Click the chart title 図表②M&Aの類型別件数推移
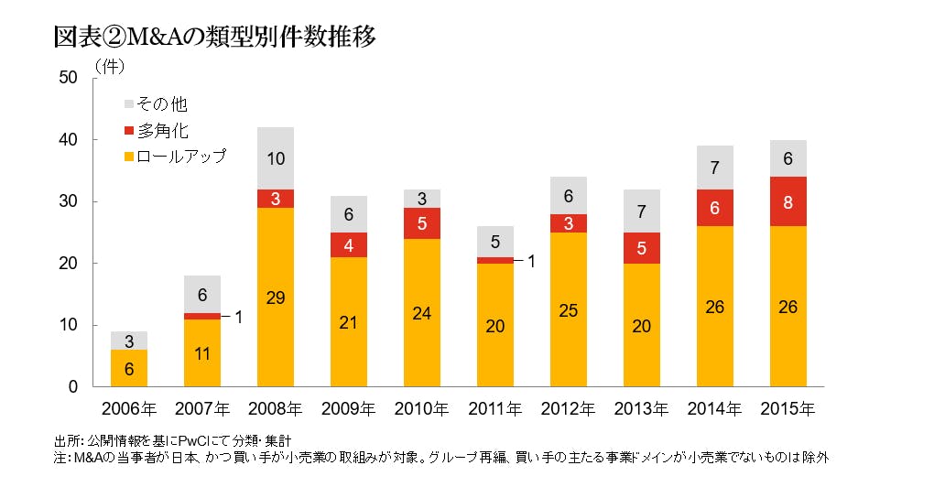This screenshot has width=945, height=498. coord(215,38)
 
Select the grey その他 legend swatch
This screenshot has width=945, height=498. coord(128,104)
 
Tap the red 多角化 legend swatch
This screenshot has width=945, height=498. coord(128,131)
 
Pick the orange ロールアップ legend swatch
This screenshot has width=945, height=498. coord(128,157)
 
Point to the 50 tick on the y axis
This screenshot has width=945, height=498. coord(68,78)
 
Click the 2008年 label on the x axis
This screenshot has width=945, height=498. coord(276,408)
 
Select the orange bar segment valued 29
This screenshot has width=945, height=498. coord(276,297)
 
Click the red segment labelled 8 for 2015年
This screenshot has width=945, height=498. coord(788,201)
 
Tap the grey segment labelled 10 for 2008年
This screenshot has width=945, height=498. coord(276,158)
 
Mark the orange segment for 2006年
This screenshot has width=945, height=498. coord(129,368)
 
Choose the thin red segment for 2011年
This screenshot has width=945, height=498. coord(495,260)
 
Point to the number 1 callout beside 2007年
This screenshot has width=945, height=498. coord(238,317)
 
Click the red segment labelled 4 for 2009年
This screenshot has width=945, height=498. coord(349,244)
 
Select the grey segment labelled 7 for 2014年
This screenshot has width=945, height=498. coord(715,168)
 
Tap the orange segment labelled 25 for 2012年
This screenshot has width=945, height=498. coord(569,309)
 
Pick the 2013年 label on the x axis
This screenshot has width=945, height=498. coord(642,408)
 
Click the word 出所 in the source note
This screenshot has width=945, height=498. coord(66,440)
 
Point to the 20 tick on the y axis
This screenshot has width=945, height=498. coord(68,264)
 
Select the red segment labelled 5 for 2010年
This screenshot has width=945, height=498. coord(422,223)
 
